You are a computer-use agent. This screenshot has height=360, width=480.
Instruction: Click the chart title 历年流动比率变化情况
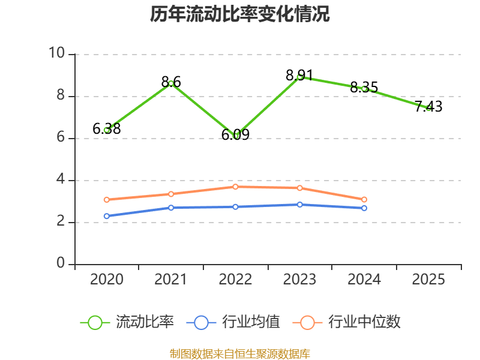coord(239,14)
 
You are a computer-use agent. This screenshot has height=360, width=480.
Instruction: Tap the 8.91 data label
coord(299,76)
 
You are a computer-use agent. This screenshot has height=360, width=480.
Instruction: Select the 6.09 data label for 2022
coord(235,134)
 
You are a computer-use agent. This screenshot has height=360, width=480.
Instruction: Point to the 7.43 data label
coord(428,106)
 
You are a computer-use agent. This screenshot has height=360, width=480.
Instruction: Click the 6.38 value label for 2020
coord(107,128)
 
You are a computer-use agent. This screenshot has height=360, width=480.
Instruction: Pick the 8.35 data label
coord(364,87)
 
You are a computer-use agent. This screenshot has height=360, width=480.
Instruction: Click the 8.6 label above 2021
coord(171,82)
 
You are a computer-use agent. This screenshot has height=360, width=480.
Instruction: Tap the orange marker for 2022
coord(235,187)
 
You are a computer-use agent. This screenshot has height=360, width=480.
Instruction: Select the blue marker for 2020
coord(107,216)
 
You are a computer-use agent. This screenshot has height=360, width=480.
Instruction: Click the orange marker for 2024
coord(364,200)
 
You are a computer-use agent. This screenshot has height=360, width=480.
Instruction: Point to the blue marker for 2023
coord(299,205)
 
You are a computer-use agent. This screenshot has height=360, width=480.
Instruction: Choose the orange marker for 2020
coord(107,200)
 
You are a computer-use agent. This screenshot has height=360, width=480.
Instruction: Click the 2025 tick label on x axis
coord(428,279)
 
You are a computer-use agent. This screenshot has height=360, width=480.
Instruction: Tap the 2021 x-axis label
coord(171,279)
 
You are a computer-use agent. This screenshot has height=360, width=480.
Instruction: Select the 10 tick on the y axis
coord(57,53)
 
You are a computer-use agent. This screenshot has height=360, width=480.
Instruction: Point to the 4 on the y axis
coord(61,179)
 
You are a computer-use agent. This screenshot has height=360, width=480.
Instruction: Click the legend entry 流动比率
coord(127,322)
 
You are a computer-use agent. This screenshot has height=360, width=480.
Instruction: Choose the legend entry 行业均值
coord(233,322)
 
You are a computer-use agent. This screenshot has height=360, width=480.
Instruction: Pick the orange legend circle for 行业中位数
coord(307,323)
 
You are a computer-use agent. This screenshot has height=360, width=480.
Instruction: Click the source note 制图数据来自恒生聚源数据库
coord(239,354)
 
